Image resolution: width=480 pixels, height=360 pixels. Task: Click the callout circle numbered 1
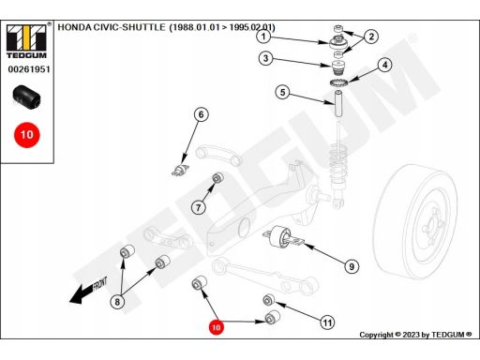click(263, 37)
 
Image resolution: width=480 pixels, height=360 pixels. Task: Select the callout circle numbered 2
click(371, 37)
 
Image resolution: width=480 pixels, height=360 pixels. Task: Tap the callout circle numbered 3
click(265, 58)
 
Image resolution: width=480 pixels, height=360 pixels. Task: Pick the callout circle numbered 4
click(384, 65)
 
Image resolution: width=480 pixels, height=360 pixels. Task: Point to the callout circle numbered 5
click(282, 92)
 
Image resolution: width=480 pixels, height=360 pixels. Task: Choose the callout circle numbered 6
click(201, 114)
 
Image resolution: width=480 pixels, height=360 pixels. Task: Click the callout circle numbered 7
click(199, 207)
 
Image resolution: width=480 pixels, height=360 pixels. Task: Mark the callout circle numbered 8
click(117, 302)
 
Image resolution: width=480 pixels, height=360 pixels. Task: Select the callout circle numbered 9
click(352, 266)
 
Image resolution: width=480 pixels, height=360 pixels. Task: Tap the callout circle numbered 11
click(327, 322)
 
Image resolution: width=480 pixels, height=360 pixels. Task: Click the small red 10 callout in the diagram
click(216, 327)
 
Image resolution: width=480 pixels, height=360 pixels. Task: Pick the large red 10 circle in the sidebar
click(27, 135)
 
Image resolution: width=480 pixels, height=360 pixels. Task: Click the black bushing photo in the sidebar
click(26, 97)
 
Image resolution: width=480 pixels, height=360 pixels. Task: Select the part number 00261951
click(29, 69)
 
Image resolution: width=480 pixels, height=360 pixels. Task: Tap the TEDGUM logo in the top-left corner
click(26, 40)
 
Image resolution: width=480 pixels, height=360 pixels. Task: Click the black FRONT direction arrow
click(88, 290)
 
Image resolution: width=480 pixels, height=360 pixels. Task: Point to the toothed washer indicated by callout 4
click(339, 83)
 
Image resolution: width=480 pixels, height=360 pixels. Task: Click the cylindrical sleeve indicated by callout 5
click(338, 103)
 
